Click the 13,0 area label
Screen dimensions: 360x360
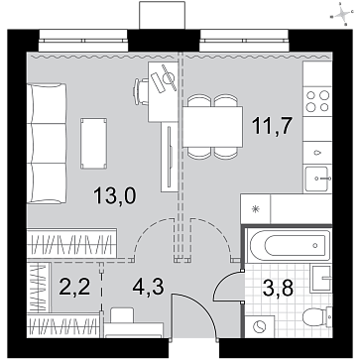[x=114, y=195]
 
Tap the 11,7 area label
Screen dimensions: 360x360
[x=272, y=126]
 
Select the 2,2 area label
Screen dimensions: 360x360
[x=74, y=287]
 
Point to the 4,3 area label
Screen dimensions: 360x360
[x=148, y=287]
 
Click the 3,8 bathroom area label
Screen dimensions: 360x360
[x=278, y=289]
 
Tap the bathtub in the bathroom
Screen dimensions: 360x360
[x=290, y=246]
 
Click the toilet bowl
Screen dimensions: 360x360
[x=316, y=316]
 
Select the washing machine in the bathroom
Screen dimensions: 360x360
[x=260, y=326]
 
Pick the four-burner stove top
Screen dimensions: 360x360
[x=317, y=101]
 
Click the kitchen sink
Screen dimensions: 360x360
[x=316, y=179]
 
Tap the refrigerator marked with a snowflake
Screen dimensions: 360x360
[x=255, y=208]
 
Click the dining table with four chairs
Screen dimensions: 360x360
[x=212, y=127]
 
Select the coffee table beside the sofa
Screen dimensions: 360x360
[x=94, y=143]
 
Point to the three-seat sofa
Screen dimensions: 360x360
[x=47, y=143]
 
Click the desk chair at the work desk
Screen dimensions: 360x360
[x=141, y=91]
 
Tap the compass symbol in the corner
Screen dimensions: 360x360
[x=343, y=15]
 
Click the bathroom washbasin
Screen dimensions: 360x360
[x=321, y=278]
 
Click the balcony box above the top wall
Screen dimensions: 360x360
[x=162, y=15]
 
